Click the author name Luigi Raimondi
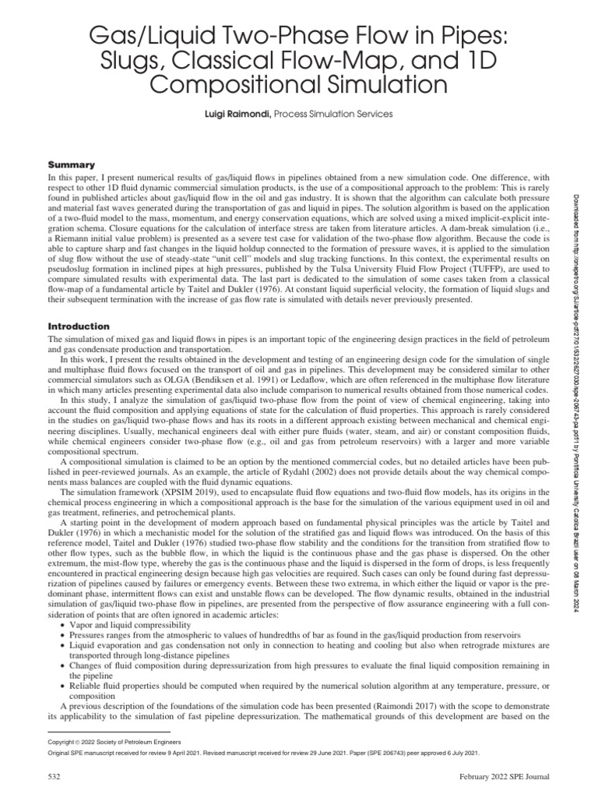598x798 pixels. tap(231, 114)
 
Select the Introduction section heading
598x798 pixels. tap(80, 326)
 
